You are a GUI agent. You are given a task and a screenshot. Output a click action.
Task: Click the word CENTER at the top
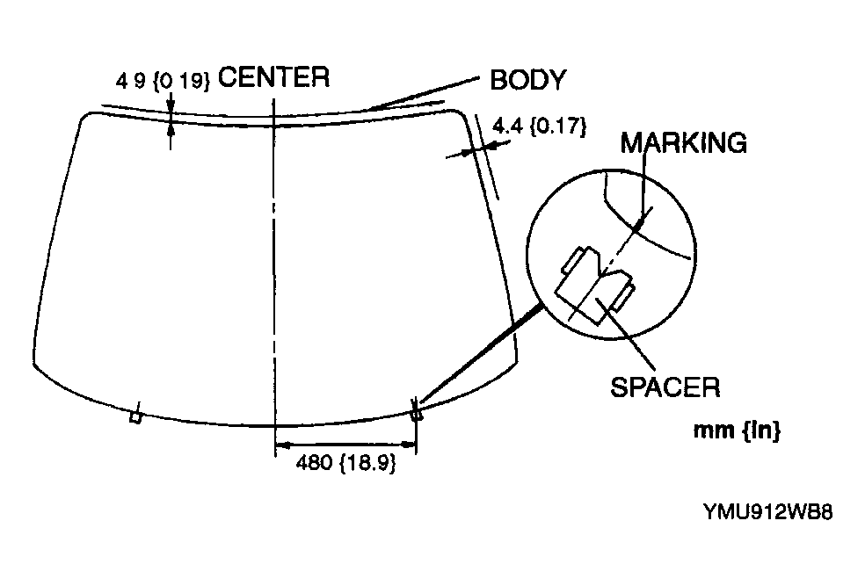(273, 78)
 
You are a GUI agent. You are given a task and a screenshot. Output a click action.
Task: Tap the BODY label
(527, 80)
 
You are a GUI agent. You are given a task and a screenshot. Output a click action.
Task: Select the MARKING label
(683, 142)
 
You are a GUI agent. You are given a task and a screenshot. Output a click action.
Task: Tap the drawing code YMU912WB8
(767, 511)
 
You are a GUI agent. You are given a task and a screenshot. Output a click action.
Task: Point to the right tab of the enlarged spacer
(623, 294)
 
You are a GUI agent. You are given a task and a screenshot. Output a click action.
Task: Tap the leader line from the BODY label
(422, 95)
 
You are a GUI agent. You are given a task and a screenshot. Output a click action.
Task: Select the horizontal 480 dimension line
(344, 445)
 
